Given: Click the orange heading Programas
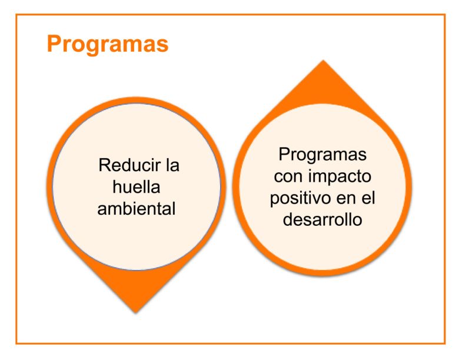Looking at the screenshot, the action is [108, 44].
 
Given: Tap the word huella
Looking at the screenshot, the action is [136, 187].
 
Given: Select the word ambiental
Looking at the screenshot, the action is [137, 209].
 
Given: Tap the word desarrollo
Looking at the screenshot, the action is [323, 219].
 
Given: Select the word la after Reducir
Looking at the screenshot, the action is [172, 165].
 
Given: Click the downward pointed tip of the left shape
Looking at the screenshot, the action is [136, 312].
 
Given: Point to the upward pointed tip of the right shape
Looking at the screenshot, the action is [323, 61].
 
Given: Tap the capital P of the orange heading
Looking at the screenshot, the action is [55, 44].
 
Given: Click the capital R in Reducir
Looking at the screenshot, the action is [104, 165].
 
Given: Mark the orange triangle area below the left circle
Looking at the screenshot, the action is [136, 283].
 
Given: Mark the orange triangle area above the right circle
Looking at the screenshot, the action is [323, 88].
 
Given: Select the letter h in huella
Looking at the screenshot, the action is [117, 187].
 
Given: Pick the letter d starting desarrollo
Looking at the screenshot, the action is [288, 220].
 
